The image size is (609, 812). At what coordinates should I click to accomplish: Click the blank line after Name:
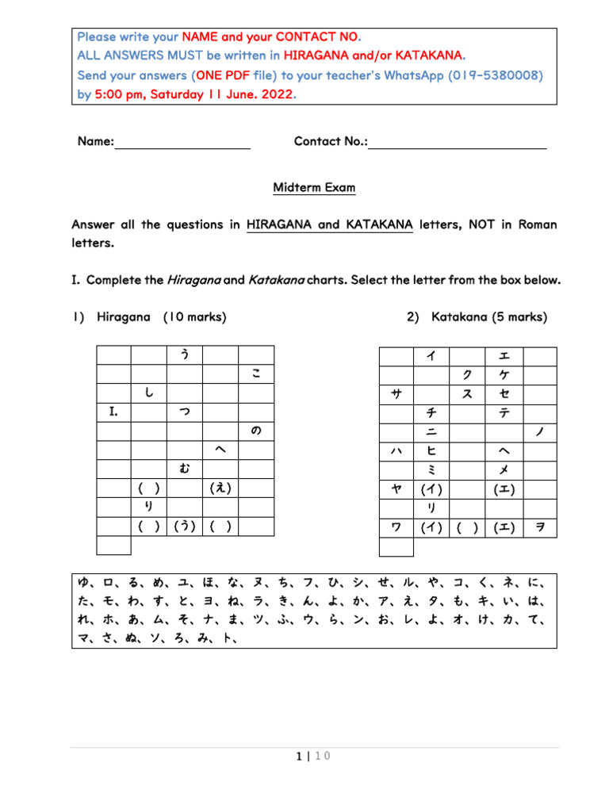pos(183,143)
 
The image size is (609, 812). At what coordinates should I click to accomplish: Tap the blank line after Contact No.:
pos(458,143)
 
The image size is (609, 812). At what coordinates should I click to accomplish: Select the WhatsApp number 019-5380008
pos(495,75)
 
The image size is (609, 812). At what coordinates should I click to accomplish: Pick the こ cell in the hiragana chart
pos(256,373)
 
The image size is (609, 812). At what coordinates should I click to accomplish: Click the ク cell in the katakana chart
pos(468,373)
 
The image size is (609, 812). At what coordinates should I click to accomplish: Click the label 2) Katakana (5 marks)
pos(477,317)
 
